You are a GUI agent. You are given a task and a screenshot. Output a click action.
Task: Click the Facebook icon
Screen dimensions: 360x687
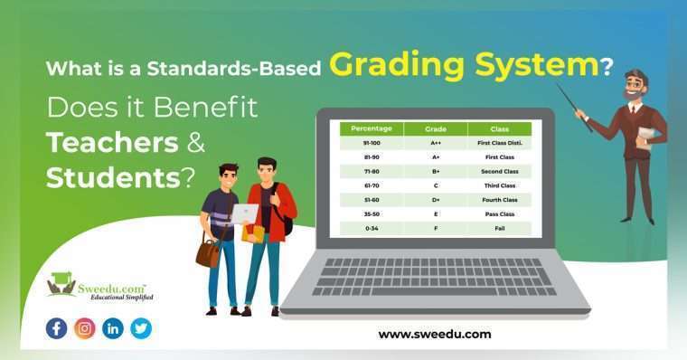pyautogui.click(x=56, y=328)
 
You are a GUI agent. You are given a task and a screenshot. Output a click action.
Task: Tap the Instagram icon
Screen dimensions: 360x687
pyautogui.click(x=84, y=328)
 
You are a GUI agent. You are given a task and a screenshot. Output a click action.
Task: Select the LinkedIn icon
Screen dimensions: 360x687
pyautogui.click(x=113, y=328)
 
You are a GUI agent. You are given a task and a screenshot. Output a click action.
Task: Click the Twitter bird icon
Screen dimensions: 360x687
pyautogui.click(x=141, y=328)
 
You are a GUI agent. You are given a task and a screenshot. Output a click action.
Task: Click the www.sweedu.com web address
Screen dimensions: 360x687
pyautogui.click(x=434, y=334)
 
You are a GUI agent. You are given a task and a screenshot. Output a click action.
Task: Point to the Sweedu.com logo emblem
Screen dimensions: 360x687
pyautogui.click(x=61, y=284)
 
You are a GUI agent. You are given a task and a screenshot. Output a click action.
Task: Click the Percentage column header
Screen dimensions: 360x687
pyautogui.click(x=372, y=129)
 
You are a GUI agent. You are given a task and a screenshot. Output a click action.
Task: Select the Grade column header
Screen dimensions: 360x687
pyautogui.click(x=435, y=129)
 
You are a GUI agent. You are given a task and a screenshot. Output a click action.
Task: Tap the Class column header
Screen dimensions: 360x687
pyautogui.click(x=500, y=129)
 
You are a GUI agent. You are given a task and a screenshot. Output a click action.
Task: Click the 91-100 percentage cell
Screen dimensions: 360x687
pyautogui.click(x=372, y=143)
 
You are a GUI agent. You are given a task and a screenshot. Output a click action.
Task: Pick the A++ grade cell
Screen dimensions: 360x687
pyautogui.click(x=435, y=143)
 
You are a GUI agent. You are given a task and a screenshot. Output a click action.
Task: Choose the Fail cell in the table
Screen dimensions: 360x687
pyautogui.click(x=500, y=228)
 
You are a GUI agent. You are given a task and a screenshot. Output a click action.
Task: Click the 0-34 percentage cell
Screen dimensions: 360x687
pyautogui.click(x=372, y=228)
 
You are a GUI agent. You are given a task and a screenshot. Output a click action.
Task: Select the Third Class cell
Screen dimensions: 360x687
pyautogui.click(x=500, y=185)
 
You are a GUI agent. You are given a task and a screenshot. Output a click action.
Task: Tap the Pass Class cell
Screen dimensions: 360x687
pyautogui.click(x=500, y=214)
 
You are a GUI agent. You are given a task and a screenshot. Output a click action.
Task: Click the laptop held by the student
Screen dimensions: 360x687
pyautogui.click(x=243, y=214)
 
